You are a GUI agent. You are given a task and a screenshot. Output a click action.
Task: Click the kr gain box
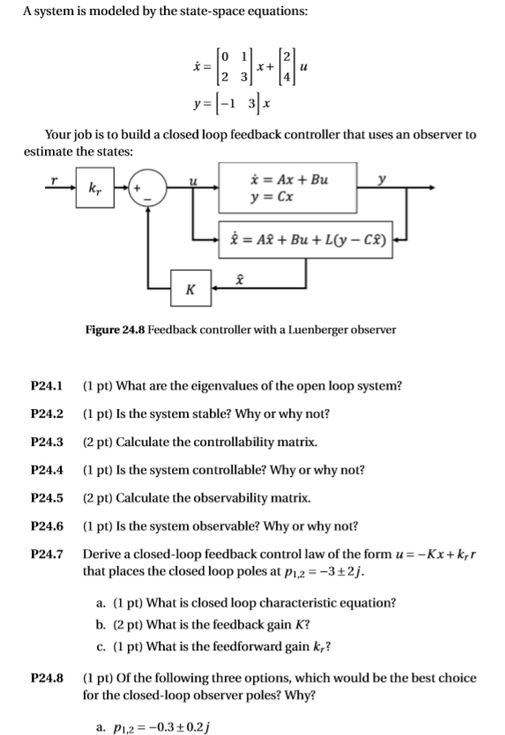(x=95, y=189)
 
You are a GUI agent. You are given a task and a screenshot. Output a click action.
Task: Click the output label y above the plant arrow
(x=382, y=179)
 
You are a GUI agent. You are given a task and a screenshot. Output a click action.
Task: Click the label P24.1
(x=47, y=386)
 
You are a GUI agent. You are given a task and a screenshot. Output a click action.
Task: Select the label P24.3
(x=47, y=442)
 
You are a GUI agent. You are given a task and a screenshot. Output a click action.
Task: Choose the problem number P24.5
(x=47, y=498)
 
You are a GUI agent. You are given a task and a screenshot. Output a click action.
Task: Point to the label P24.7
(x=47, y=554)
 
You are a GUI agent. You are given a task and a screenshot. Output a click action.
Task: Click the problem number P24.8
(x=47, y=679)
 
